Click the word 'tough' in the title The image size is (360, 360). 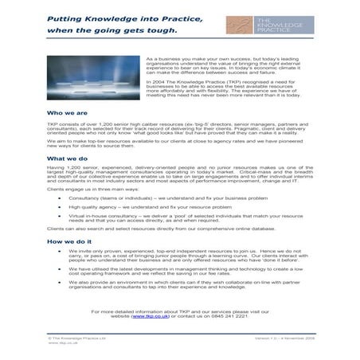pyautogui.click(x=158, y=31)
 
